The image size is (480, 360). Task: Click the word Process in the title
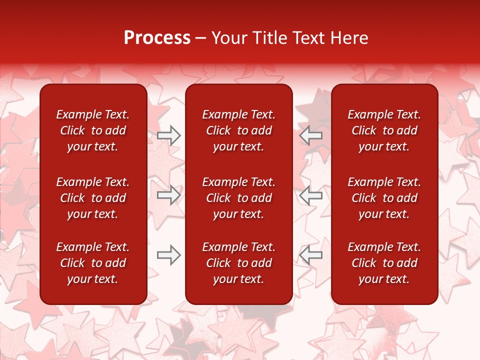pyautogui.click(x=157, y=38)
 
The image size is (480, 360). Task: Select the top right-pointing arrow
pyautogui.click(x=168, y=135)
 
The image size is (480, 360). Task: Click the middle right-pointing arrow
pyautogui.click(x=168, y=195)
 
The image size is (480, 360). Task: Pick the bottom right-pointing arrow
pyautogui.click(x=168, y=255)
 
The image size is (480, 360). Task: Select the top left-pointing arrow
pyautogui.click(x=310, y=135)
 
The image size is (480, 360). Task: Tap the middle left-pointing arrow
pyautogui.click(x=310, y=195)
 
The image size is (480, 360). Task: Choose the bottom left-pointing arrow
pyautogui.click(x=310, y=255)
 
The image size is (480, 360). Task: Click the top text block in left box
pyautogui.click(x=93, y=130)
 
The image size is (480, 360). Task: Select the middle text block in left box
pyautogui.click(x=93, y=198)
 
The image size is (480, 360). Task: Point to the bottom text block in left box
pyautogui.click(x=93, y=263)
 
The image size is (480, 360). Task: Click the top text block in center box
pyautogui.click(x=238, y=130)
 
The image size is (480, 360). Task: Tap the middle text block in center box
pyautogui.click(x=238, y=198)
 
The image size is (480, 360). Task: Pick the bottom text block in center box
pyautogui.click(x=238, y=263)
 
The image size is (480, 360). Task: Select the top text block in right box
pyautogui.click(x=384, y=130)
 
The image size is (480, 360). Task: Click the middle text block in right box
pyautogui.click(x=384, y=198)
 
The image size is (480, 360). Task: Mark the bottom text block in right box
pyautogui.click(x=384, y=263)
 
